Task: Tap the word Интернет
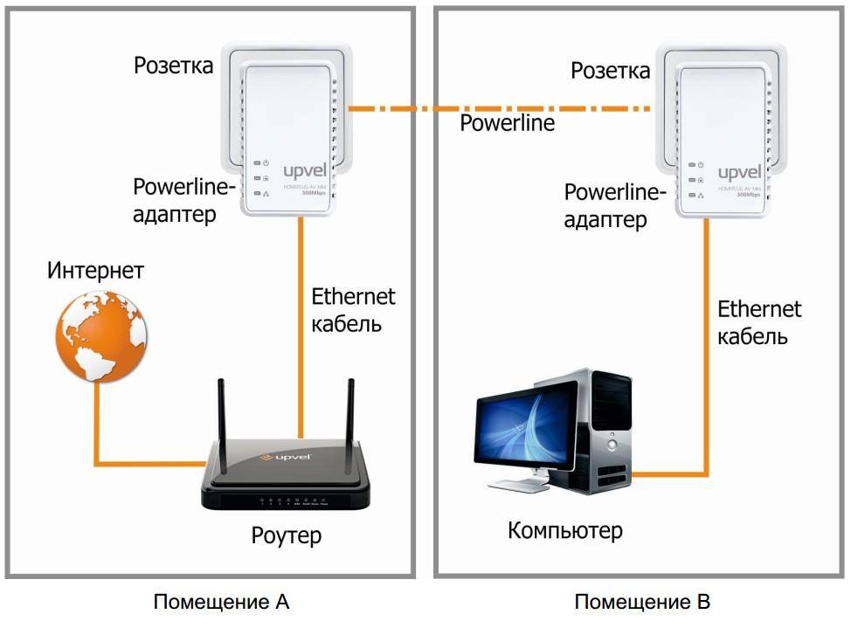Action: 96,270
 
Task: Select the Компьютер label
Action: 565,529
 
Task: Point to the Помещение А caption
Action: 221,602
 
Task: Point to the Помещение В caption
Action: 642,602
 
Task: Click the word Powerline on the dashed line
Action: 508,122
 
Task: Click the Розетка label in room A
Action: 173,66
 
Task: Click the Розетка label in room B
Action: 611,70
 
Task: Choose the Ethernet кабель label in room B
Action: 759,321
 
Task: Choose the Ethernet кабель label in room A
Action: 353,309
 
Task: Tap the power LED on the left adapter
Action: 259,163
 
